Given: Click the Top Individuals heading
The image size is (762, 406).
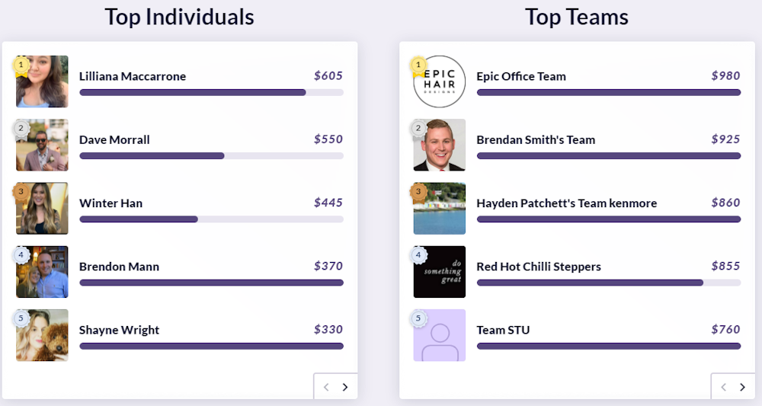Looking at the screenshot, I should click(x=179, y=17).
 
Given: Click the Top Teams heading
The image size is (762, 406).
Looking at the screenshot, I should click(x=576, y=17).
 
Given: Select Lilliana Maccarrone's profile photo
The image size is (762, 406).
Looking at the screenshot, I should click(x=43, y=82).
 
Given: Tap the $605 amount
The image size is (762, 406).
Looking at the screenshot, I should click(x=328, y=76).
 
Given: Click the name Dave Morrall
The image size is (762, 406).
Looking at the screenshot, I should click(x=114, y=140).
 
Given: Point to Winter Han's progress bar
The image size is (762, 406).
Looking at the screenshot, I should click(x=211, y=219).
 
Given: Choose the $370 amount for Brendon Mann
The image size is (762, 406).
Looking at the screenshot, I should click(x=328, y=267).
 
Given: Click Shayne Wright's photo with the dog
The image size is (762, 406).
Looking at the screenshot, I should click(x=43, y=336).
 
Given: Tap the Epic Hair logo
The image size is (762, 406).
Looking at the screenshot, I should click(x=440, y=82).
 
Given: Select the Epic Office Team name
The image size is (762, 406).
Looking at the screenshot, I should click(x=521, y=76).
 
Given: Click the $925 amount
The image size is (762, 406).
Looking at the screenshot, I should click(x=725, y=139).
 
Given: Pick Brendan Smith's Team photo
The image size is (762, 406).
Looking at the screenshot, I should click(x=440, y=145).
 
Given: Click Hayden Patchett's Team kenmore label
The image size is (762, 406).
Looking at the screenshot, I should click(x=566, y=203).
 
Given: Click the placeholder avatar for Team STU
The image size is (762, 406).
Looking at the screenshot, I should click(x=440, y=336).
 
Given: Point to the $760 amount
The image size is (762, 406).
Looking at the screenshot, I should click(x=725, y=330).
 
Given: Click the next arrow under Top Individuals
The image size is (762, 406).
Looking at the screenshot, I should click(x=345, y=387).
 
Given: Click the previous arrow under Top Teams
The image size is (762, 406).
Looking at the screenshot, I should click(x=724, y=387).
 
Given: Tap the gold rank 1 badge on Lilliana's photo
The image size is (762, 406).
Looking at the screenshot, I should click(x=21, y=65).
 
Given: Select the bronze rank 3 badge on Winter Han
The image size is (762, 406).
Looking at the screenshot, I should click(x=21, y=191).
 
